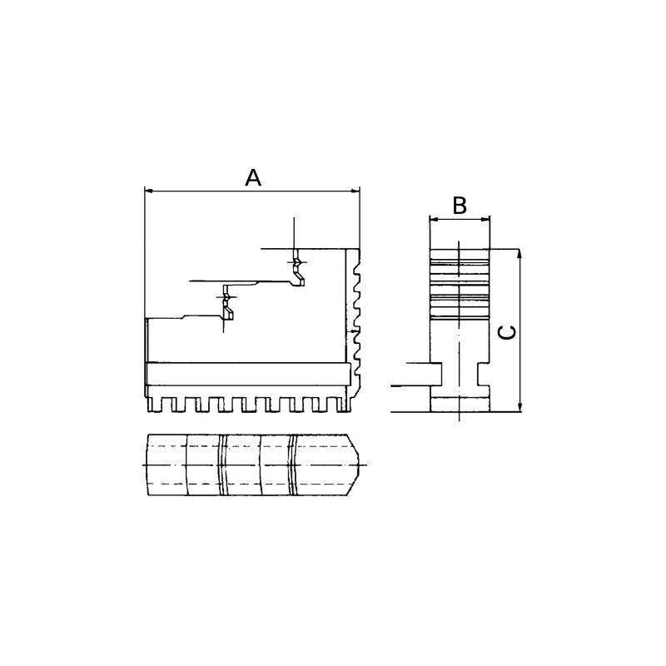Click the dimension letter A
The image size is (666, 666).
(x=253, y=176)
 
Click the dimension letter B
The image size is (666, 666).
(x=459, y=206)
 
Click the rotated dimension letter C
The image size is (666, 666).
(x=506, y=331)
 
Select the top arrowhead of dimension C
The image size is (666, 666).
(x=519, y=254)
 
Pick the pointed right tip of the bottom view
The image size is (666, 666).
(x=363, y=463)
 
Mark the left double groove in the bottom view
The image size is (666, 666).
(x=222, y=465)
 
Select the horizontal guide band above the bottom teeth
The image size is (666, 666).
(x=246, y=371)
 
